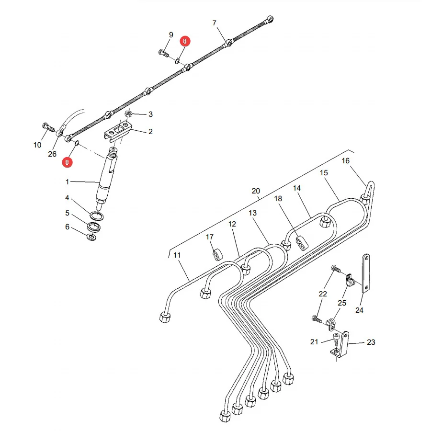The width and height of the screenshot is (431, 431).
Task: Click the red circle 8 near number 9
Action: [185, 41]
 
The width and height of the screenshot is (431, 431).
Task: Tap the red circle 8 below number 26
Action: [67, 162]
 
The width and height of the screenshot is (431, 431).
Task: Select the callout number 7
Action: [215, 23]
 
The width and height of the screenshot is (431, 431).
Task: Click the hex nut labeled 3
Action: [128, 113]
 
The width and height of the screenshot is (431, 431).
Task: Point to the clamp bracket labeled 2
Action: [118, 132]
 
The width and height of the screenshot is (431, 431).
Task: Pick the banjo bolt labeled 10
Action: [49, 127]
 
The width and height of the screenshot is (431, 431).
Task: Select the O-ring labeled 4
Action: [97, 216]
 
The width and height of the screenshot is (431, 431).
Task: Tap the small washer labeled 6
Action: [91, 237]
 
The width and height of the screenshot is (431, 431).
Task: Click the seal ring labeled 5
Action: [94, 227]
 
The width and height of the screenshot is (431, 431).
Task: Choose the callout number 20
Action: [256, 191]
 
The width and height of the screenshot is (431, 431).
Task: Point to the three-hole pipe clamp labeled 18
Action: [302, 243]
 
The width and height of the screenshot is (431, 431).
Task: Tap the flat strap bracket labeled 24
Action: [366, 273]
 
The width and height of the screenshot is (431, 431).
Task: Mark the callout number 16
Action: [345, 161]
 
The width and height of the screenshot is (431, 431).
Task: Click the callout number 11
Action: [177, 255]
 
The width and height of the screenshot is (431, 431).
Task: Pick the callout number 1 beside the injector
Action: [68, 181]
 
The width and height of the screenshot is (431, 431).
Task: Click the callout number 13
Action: [252, 213]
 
